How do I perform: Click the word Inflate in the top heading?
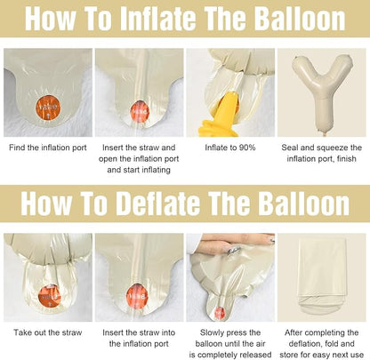(x=158, y=19)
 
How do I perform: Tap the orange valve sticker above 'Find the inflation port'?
(x=48, y=107)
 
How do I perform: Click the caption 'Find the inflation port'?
(x=48, y=148)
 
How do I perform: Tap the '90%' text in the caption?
(x=247, y=148)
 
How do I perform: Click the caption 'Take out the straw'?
(x=48, y=332)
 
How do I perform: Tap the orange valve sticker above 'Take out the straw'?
(x=50, y=296)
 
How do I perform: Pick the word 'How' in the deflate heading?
(x=46, y=204)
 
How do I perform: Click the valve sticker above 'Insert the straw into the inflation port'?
(x=137, y=296)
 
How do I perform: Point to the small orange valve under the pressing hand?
(x=220, y=313)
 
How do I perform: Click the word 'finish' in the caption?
(x=346, y=159)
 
